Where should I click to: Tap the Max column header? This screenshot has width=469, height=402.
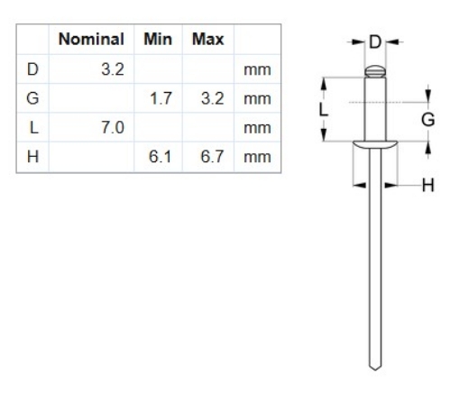[x=207, y=41]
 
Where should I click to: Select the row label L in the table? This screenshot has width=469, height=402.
[x=33, y=128]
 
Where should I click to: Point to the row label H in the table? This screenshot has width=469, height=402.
[x=33, y=157]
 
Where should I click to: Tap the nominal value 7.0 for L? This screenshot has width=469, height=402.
[x=111, y=128]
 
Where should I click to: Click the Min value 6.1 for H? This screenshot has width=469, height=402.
[x=160, y=157]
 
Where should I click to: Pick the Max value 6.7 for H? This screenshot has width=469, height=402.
[x=210, y=157]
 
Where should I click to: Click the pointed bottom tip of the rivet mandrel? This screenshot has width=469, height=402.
[x=374, y=368]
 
